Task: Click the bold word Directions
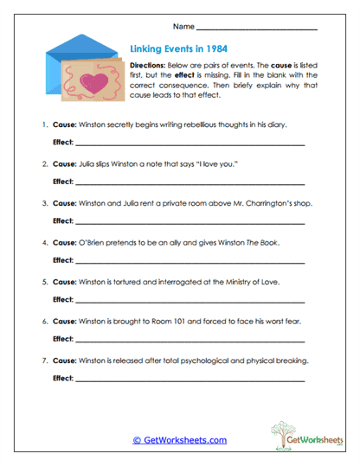(148, 66)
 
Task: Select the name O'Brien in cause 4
(93, 242)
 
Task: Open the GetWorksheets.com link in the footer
(179, 440)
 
